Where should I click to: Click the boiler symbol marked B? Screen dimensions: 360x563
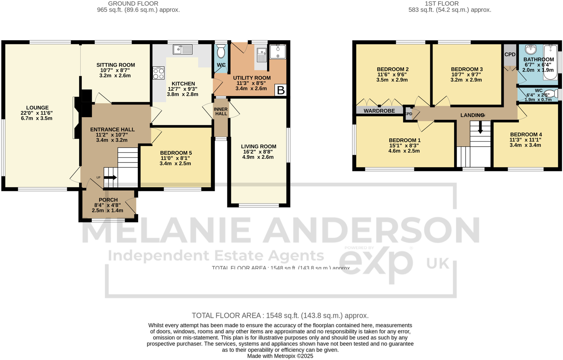[x=281, y=90]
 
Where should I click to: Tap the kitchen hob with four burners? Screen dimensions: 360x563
[x=159, y=73]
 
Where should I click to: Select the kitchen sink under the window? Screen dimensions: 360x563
[x=182, y=49]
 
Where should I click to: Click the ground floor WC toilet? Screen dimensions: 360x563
[x=221, y=52]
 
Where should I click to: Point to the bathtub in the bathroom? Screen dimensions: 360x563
[x=550, y=62]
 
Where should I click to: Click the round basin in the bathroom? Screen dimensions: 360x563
[x=531, y=49]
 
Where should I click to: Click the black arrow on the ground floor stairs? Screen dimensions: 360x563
[x=110, y=177]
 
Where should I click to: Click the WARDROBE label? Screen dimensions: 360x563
[x=379, y=111]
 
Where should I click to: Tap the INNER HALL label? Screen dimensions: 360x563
[x=221, y=112]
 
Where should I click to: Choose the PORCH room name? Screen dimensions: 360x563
[x=108, y=200]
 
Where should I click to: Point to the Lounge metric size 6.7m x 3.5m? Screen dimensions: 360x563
[x=36, y=118]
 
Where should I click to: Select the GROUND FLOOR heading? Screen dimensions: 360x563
[x=133, y=4]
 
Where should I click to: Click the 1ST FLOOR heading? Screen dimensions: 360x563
[x=441, y=4]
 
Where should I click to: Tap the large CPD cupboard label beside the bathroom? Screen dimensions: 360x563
[x=510, y=54]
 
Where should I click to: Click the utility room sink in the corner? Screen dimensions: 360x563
[x=277, y=51]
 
